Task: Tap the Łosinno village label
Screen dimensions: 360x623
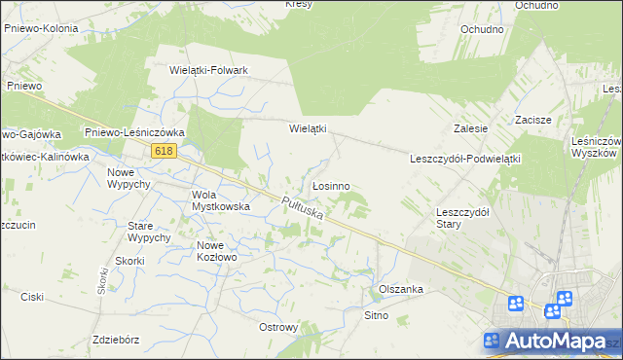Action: pyautogui.click(x=331, y=185)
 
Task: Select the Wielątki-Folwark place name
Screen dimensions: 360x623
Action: pyautogui.click(x=209, y=70)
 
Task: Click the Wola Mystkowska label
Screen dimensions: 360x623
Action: pyautogui.click(x=221, y=199)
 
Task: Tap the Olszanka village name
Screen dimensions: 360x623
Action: pyautogui.click(x=400, y=289)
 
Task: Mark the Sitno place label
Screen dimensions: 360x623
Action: pyautogui.click(x=376, y=315)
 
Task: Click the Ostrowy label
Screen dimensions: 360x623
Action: pyautogui.click(x=278, y=327)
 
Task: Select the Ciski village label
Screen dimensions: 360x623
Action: pyautogui.click(x=32, y=297)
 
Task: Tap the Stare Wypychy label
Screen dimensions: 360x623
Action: pyautogui.click(x=149, y=231)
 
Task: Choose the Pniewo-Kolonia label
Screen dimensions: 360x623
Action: pyautogui.click(x=42, y=29)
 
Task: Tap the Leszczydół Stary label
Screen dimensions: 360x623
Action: pyautogui.click(x=462, y=217)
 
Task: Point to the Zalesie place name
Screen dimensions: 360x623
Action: pyautogui.click(x=470, y=127)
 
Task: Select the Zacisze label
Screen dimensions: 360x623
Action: pyautogui.click(x=533, y=120)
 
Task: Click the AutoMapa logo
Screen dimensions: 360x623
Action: pyautogui.click(x=551, y=342)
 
